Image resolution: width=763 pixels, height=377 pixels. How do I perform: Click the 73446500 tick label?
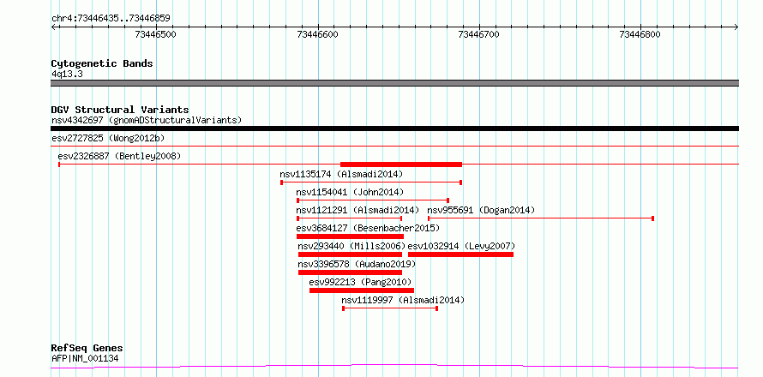[x=156, y=34]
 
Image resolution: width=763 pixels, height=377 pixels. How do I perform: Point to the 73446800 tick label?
[x=640, y=34]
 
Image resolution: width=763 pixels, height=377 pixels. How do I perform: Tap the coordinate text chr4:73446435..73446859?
[x=111, y=19]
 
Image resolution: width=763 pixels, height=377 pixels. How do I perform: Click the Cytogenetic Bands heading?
[x=102, y=63]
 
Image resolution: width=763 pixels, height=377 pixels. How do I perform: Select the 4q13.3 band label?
[x=67, y=74]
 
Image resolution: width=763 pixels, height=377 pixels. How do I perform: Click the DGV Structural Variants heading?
[x=120, y=110]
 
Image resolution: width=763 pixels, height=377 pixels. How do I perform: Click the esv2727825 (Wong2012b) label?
[x=108, y=138]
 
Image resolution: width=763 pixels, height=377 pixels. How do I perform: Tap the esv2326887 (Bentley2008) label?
[x=119, y=156]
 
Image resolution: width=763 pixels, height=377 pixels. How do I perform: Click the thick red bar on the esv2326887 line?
[x=401, y=165]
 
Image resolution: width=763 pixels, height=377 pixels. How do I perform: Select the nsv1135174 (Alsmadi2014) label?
[x=341, y=174]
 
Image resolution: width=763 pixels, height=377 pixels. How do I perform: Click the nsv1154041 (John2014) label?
[x=350, y=192]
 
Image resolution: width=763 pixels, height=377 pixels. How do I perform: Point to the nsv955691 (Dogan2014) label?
[x=481, y=210]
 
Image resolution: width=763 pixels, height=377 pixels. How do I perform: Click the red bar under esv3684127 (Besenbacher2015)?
[x=350, y=236]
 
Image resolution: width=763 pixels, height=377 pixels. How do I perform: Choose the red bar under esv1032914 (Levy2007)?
[x=461, y=254]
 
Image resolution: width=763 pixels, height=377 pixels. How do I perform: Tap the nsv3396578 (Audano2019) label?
[x=357, y=264]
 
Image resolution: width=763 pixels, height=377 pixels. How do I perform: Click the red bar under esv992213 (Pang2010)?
[x=362, y=290]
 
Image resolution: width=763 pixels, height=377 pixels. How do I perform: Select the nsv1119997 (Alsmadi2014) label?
[x=403, y=300]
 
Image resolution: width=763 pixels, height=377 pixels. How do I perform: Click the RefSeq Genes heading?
[x=87, y=349]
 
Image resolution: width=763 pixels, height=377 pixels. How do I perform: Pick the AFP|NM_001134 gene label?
[x=85, y=359]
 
